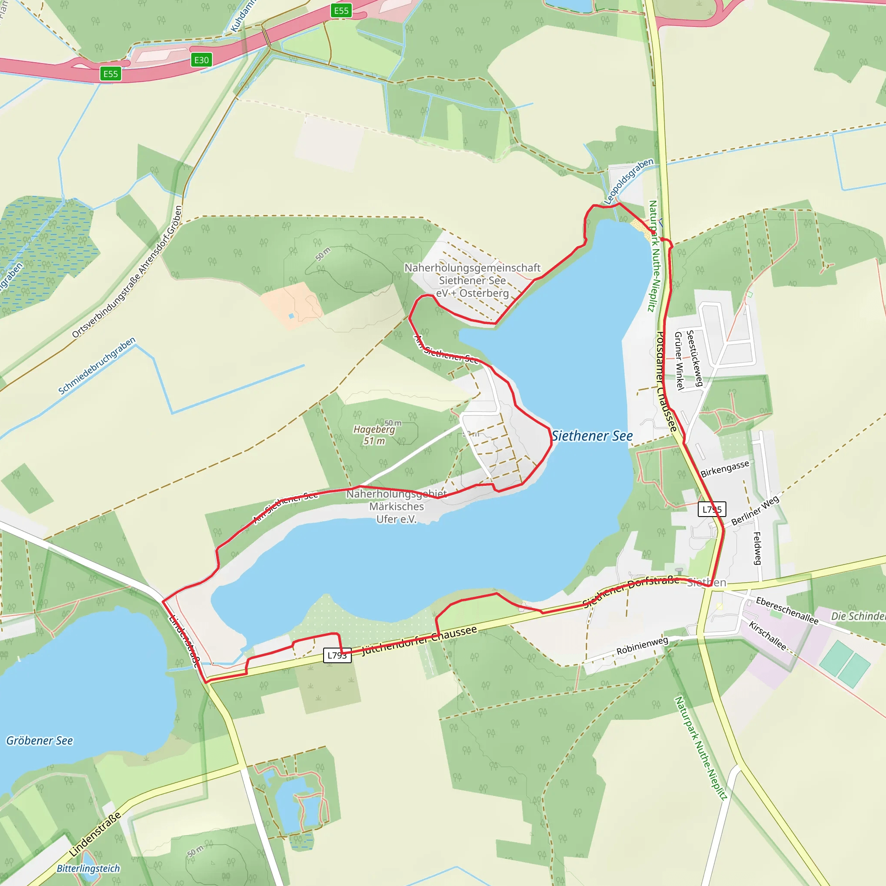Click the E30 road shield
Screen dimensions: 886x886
[201, 60]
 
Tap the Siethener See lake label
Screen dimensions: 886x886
[592, 436]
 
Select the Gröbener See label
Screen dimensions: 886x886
[39, 741]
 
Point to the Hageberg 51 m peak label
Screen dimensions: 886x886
[374, 435]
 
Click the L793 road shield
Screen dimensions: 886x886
[337, 655]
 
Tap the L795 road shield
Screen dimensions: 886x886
[712, 509]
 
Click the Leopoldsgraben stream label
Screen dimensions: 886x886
[629, 181]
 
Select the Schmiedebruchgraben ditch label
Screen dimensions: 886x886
[97, 366]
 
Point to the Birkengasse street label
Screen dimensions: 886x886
[725, 468]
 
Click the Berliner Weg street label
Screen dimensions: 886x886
[755, 510]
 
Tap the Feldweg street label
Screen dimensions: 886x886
[757, 548]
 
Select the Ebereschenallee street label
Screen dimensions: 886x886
[787, 610]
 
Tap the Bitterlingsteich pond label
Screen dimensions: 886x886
[89, 868]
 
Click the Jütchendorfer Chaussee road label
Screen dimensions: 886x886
[419, 641]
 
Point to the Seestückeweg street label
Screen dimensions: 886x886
[694, 358]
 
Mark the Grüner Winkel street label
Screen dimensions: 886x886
[680, 361]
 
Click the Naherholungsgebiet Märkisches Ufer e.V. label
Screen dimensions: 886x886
[397, 506]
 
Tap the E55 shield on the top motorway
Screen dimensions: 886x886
[341, 10]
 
